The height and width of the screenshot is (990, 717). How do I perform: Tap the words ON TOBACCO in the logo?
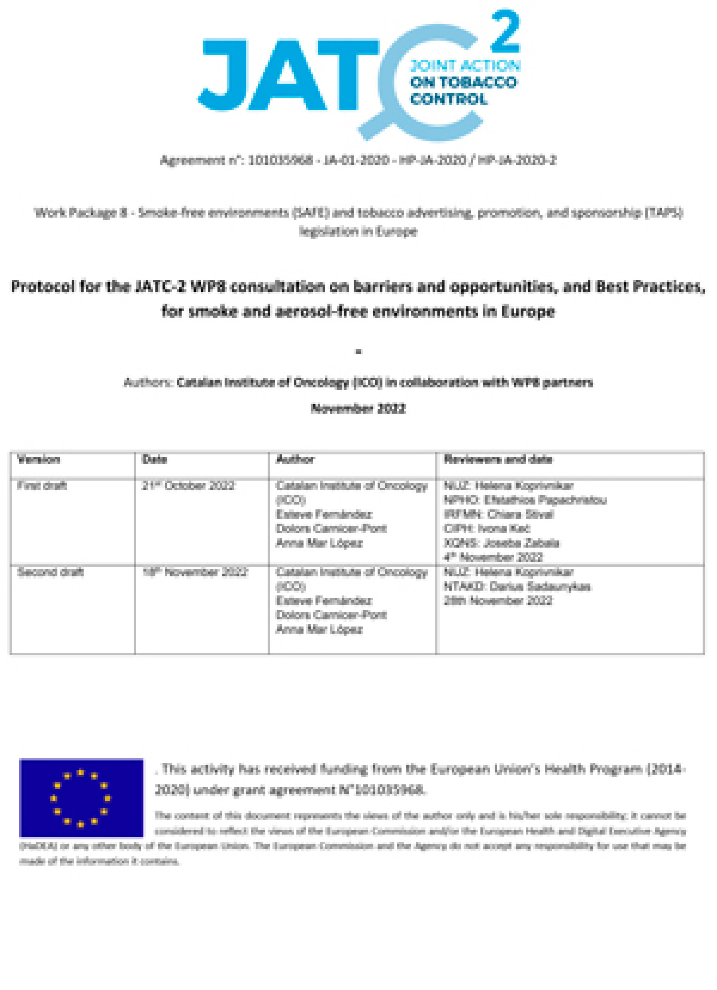click(x=463, y=82)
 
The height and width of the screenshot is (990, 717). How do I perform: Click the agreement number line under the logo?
click(x=358, y=160)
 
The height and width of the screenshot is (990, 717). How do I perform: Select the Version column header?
click(x=39, y=460)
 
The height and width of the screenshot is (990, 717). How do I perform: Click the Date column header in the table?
click(x=155, y=460)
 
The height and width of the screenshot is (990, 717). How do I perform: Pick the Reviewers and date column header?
click(x=498, y=460)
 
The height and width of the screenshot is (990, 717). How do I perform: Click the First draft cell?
click(x=42, y=486)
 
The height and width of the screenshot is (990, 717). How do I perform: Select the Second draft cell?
click(x=51, y=572)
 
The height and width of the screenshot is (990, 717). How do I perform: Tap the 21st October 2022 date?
click(x=189, y=486)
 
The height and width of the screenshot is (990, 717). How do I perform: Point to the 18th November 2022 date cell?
click(x=195, y=572)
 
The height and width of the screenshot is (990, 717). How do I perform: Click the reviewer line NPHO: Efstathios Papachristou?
click(x=525, y=500)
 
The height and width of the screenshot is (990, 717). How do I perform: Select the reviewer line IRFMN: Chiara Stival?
click(x=499, y=515)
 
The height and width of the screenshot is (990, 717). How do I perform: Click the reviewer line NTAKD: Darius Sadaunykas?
click(x=517, y=586)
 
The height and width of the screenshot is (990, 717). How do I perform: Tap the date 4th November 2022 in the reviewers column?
click(x=493, y=557)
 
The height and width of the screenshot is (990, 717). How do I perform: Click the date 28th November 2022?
click(x=498, y=601)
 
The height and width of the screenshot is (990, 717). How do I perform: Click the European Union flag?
click(x=81, y=798)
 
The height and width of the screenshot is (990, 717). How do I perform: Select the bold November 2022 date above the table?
click(x=358, y=408)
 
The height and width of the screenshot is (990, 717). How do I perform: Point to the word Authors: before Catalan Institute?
click(x=148, y=383)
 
